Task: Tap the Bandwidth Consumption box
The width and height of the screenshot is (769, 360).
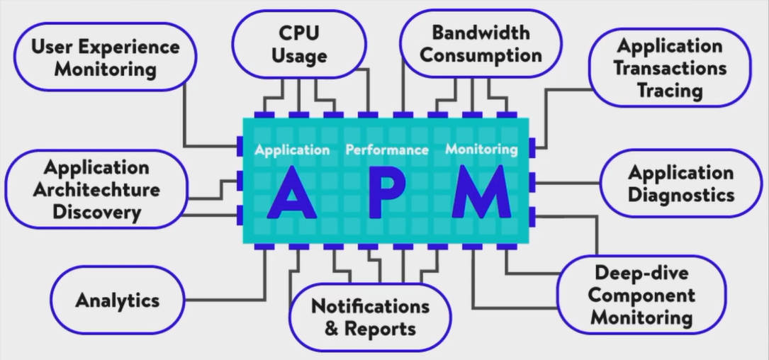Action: click(x=479, y=44)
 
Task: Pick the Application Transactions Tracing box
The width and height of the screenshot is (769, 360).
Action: click(x=669, y=68)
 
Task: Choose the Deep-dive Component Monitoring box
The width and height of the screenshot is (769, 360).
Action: click(x=641, y=294)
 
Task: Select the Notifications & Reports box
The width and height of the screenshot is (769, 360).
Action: click(x=370, y=317)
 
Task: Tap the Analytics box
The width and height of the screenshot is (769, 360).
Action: click(x=118, y=300)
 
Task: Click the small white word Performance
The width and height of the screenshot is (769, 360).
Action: click(x=387, y=150)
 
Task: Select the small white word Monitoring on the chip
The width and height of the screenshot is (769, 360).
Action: click(x=481, y=150)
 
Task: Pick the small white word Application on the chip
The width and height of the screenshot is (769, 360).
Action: click(x=292, y=150)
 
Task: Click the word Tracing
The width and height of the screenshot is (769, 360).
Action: click(x=669, y=91)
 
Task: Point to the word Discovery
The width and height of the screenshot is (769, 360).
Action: click(x=96, y=212)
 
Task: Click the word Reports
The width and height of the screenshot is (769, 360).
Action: click(x=380, y=329)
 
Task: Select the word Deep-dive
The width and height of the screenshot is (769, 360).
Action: click(x=641, y=273)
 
